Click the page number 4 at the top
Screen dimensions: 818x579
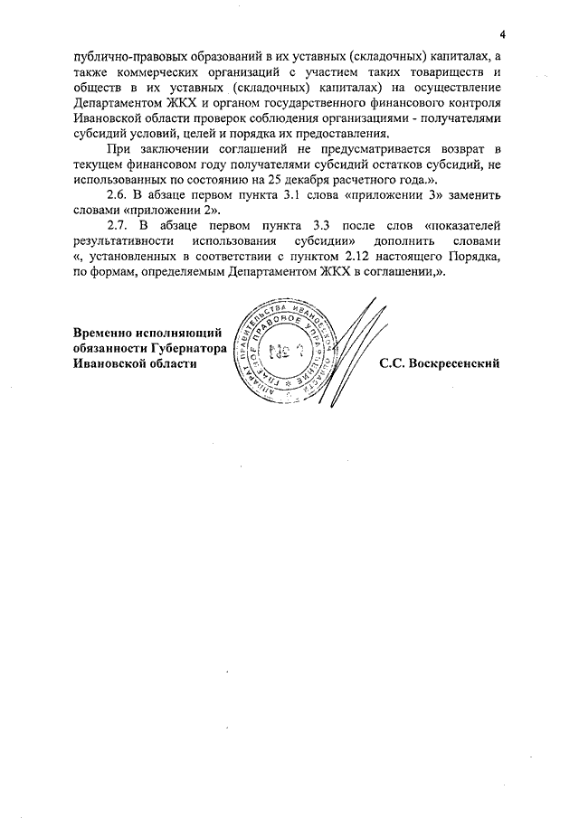501,33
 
